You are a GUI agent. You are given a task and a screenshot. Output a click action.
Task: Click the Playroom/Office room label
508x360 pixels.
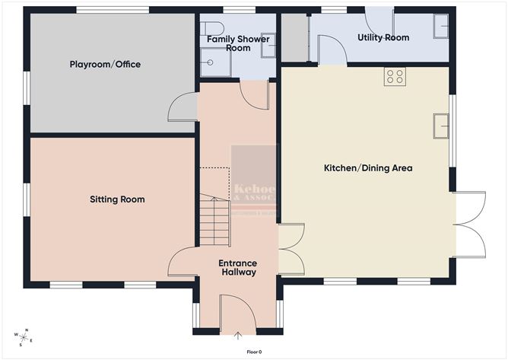coord(105,65)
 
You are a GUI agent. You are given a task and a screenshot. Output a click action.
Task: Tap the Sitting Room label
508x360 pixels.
coord(117,199)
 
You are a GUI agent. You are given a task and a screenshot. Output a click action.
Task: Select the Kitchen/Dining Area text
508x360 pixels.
coord(368,167)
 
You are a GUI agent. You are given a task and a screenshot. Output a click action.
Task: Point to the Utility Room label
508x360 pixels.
coord(383,37)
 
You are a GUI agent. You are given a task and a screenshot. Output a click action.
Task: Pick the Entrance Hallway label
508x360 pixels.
coord(237,268)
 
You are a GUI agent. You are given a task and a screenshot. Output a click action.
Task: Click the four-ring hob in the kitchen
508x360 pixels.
coord(395,75)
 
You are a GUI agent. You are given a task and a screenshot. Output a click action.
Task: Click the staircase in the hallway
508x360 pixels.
coord(214,221)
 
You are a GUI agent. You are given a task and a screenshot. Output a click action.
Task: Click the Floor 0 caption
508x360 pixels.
coord(254,352)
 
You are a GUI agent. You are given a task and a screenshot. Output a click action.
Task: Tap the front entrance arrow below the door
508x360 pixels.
coord(238,335)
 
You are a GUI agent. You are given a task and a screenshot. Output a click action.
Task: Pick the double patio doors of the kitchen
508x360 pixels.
coord(474,225)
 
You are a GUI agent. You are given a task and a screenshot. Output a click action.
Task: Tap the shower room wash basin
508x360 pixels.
coord(267,46)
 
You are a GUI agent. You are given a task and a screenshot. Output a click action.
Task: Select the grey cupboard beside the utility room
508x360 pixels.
coord(294,38)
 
